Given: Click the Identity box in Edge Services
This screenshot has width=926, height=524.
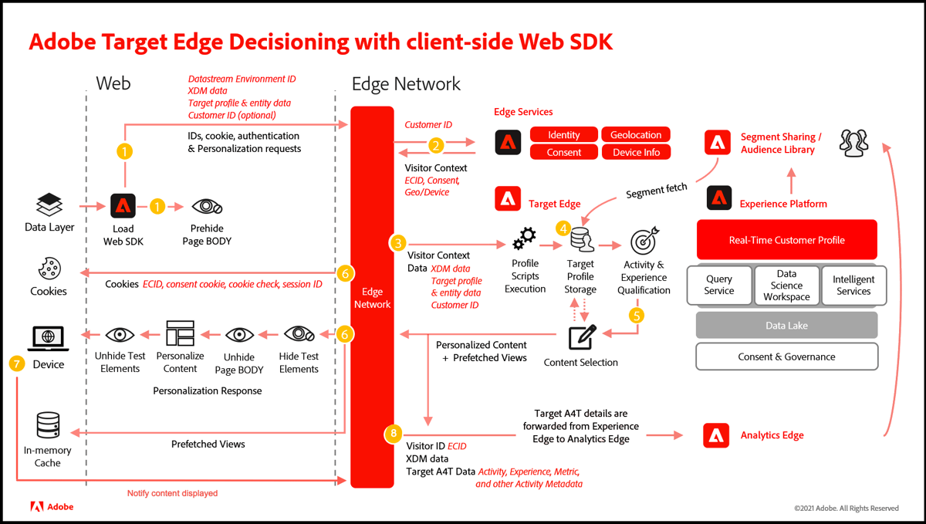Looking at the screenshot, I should (x=564, y=134).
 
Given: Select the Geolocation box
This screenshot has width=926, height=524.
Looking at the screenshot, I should (x=636, y=134).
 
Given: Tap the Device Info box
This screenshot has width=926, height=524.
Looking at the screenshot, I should (x=636, y=152).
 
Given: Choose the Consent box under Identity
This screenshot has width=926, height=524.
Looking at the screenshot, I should (x=564, y=152).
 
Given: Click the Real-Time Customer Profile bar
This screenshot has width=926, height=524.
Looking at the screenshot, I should (x=786, y=240).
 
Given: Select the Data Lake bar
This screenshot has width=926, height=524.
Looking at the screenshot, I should (x=786, y=326).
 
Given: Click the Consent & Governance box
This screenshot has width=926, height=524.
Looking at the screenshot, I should (x=786, y=357).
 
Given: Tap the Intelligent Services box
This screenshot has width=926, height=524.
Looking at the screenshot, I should (x=853, y=285).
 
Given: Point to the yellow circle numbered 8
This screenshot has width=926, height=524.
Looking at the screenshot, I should (x=394, y=434).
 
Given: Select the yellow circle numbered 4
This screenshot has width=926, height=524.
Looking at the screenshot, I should (x=564, y=228).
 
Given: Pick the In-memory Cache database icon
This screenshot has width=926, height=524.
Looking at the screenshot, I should (x=48, y=425).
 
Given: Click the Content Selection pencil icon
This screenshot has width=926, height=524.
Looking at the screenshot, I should (x=580, y=338).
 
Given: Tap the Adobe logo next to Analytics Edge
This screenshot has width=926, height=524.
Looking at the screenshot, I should (x=716, y=435).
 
